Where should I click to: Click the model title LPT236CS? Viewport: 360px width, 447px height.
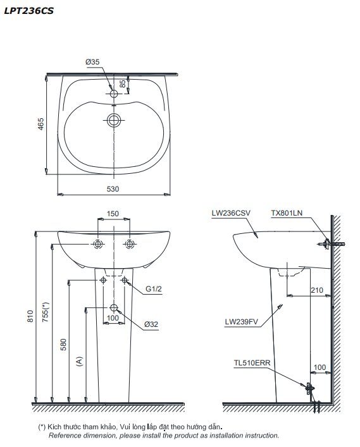(29, 11)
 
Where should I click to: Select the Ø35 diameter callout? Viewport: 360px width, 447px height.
(92, 62)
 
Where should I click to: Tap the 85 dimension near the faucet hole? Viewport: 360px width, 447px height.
(122, 83)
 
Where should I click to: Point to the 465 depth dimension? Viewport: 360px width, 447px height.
(41, 124)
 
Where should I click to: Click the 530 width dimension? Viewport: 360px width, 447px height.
(113, 189)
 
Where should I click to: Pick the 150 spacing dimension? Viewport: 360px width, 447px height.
(113, 214)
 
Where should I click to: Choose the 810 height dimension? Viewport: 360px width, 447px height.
(30, 316)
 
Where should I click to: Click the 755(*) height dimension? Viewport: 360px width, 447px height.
(46, 312)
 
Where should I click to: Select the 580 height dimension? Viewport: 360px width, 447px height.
(63, 345)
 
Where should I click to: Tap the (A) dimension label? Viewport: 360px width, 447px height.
(79, 361)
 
